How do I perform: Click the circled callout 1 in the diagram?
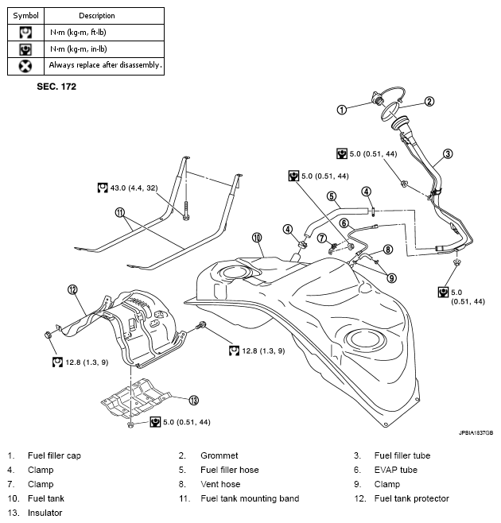tap(341, 109)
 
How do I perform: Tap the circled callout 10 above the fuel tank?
tap(257, 237)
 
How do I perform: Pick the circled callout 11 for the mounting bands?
tap(120, 212)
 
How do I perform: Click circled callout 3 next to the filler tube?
tap(448, 154)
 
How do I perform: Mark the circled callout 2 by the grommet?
tap(429, 101)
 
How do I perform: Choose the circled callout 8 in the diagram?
tap(388, 249)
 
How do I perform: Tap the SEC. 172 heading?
tap(56, 84)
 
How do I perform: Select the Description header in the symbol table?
tap(97, 15)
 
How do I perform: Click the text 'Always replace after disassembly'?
tap(105, 65)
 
